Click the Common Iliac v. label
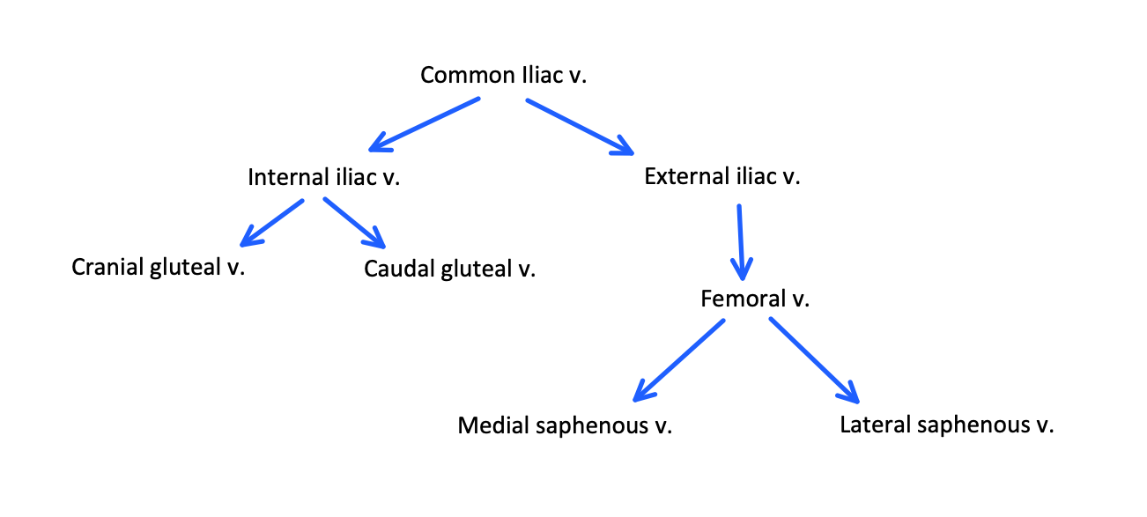coord(503,75)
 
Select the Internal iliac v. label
coord(323,177)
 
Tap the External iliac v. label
coord(721,176)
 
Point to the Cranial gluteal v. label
coord(158,266)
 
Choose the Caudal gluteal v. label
coord(449,268)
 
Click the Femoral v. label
coord(755,299)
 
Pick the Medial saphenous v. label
coord(565,426)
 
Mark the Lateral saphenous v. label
coord(947,425)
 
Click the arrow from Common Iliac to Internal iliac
coord(425,123)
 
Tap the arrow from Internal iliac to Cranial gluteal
coord(272,222)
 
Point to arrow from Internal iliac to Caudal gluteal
coord(354,223)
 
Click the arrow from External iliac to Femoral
coord(740,240)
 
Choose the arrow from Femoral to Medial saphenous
coord(679,359)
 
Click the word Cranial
coord(104,266)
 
